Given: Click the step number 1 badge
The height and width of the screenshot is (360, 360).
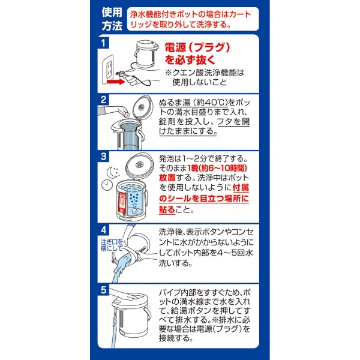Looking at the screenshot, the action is (103, 43).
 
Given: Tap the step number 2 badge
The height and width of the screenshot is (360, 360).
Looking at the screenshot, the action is (103, 100).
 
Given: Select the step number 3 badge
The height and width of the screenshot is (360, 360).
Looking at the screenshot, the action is (103, 157).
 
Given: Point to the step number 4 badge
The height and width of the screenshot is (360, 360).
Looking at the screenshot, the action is (103, 230).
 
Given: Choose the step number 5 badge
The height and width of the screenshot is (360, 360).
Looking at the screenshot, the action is (103, 290).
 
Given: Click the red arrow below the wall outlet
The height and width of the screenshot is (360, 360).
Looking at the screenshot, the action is (116, 81).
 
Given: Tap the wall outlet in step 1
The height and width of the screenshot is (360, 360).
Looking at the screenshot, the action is (108, 68).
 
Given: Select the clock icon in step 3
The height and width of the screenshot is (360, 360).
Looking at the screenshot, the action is (107, 185).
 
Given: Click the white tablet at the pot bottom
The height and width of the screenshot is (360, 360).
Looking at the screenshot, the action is (134, 210).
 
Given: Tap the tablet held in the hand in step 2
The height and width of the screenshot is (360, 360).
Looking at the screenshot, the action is (126, 114).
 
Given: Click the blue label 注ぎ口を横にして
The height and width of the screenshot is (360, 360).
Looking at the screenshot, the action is (112, 245).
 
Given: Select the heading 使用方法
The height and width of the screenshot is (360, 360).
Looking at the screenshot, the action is (112, 19).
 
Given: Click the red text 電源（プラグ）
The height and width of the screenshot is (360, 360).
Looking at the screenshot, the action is (197, 47).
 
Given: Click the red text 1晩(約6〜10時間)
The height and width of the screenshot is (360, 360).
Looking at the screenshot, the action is (217, 168).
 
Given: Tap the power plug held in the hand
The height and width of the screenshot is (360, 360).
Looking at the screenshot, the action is (121, 74).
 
